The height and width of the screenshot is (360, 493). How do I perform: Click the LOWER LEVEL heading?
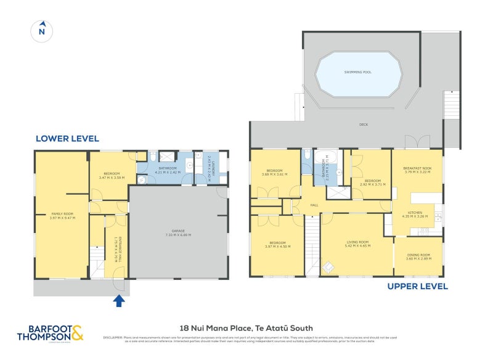tap(67, 139)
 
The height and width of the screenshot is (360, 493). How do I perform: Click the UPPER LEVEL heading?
tap(417, 287)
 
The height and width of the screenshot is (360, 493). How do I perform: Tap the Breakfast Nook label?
tap(417, 168)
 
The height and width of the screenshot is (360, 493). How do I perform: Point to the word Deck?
tap(364, 124)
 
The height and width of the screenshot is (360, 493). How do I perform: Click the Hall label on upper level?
tap(314, 204)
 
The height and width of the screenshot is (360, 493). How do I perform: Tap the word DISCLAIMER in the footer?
tap(114, 337)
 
